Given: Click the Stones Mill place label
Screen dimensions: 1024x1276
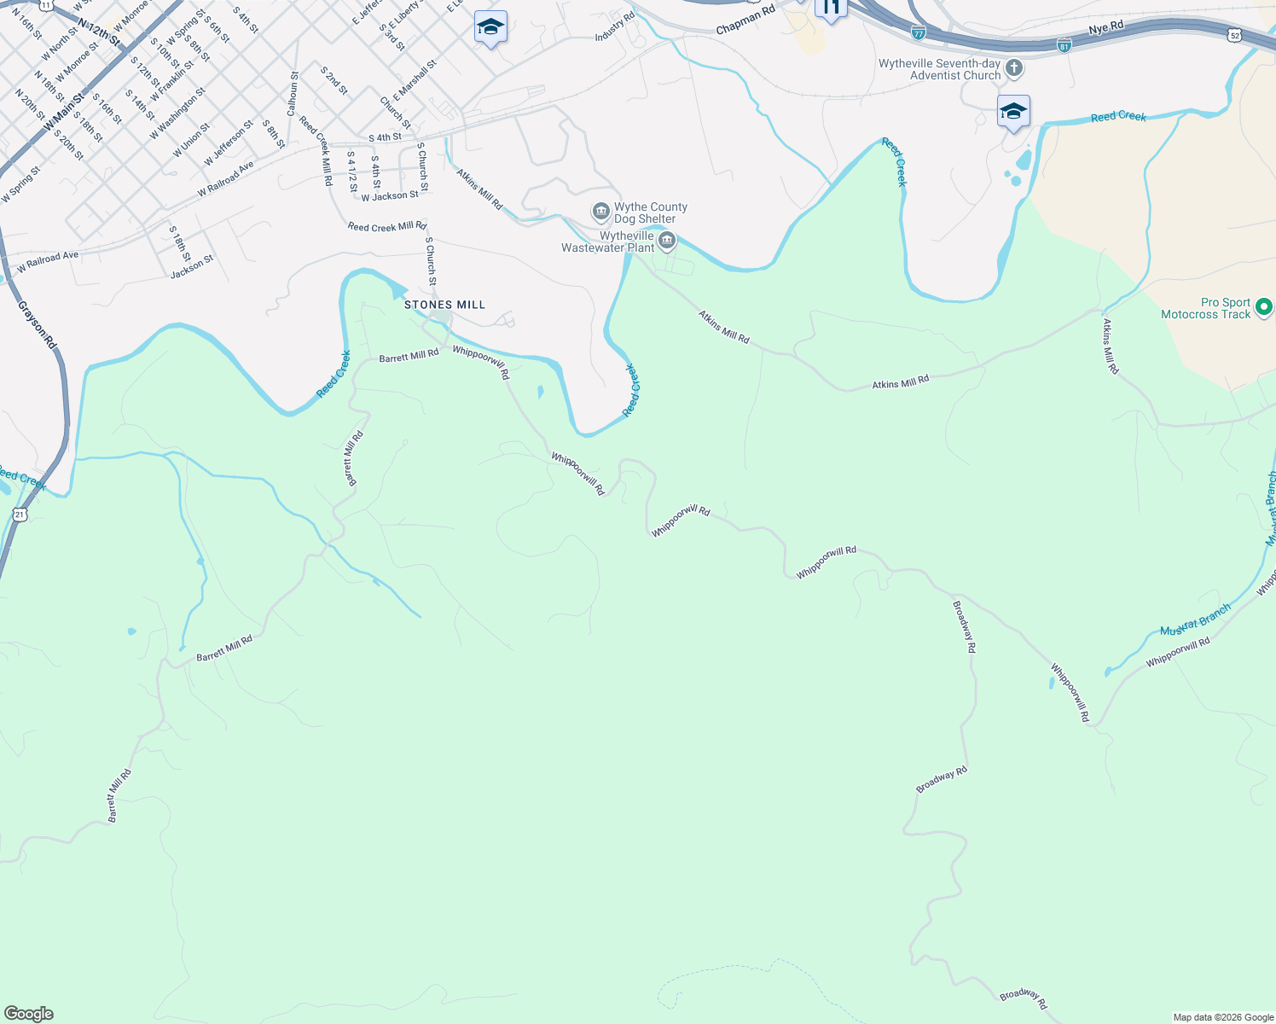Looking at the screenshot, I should [444, 305].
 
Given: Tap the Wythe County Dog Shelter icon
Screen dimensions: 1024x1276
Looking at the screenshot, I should [600, 211].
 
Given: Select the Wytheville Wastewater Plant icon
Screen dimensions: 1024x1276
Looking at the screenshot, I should [667, 241].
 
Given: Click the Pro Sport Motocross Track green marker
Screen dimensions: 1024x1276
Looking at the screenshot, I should [1264, 306].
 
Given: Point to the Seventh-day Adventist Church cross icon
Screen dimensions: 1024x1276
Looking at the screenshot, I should [1013, 67].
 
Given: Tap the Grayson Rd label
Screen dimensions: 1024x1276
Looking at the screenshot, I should [38, 317].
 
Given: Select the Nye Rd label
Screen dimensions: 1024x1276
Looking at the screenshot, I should [1106, 28].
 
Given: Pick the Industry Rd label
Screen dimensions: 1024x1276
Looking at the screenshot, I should [614, 26].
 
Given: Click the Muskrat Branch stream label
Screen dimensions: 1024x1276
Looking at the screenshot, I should [1195, 620].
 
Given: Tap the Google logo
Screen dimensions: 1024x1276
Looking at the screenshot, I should [29, 1014].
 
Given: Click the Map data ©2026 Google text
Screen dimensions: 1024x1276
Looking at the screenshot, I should [1223, 1017].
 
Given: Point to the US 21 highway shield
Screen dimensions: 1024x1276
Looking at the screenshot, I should [20, 514].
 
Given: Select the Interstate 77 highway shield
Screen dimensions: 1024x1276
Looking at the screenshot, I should [918, 32].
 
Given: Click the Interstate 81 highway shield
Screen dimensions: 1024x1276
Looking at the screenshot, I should [1064, 44].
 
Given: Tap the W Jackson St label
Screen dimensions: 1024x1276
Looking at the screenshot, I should [390, 196].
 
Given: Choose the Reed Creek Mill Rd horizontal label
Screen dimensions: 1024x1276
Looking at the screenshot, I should [386, 226].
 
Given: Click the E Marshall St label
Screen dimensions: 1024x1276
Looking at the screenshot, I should [415, 80].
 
